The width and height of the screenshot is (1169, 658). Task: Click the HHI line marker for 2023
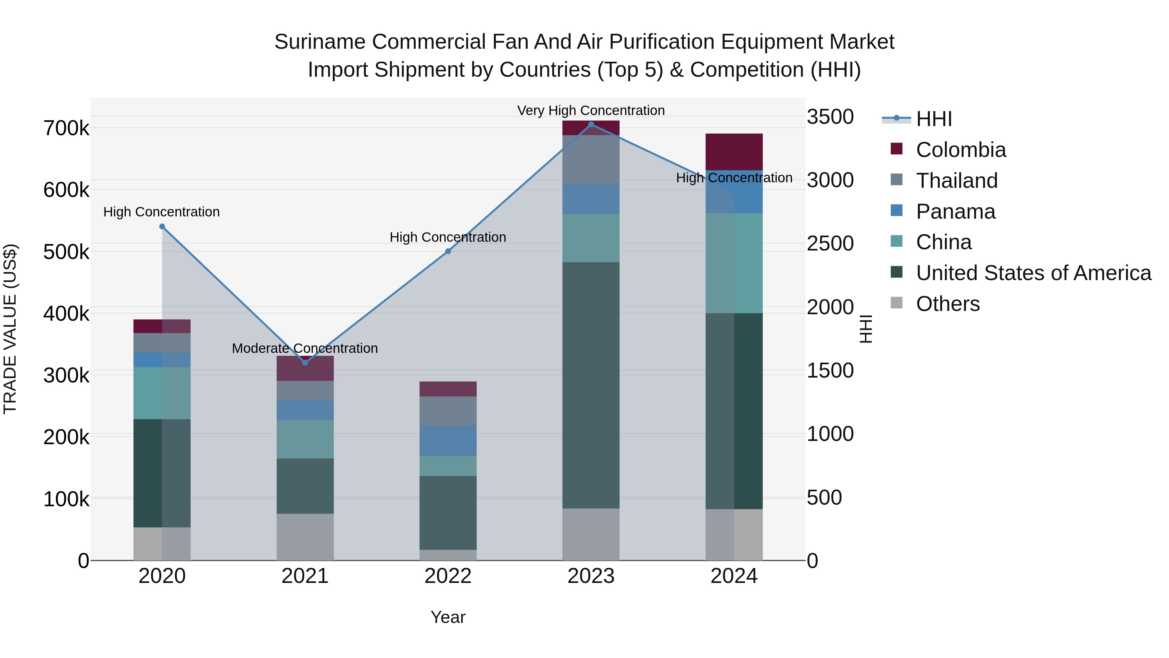point(591,124)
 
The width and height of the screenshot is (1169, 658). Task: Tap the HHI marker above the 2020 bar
point(162,226)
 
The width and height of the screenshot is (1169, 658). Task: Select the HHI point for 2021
point(305,363)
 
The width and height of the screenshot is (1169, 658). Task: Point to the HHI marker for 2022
point(448,252)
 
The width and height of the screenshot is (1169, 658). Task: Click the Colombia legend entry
point(960,150)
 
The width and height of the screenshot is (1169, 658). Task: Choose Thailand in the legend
point(957,181)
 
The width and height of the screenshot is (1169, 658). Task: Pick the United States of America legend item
point(1033,273)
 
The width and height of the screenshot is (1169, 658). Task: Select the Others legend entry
point(948,304)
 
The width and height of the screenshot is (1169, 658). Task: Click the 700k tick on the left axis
point(66,128)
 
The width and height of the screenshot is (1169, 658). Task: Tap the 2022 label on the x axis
point(448,576)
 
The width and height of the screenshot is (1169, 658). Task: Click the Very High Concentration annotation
point(591,110)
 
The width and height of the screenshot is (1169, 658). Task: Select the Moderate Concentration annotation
point(305,348)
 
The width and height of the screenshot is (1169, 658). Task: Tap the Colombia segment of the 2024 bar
point(734,152)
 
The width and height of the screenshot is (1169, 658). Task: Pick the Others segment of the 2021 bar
point(305,537)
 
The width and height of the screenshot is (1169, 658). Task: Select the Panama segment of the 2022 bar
point(448,441)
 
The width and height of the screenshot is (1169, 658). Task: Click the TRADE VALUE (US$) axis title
point(10,329)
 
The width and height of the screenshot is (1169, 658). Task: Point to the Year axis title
point(448,617)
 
